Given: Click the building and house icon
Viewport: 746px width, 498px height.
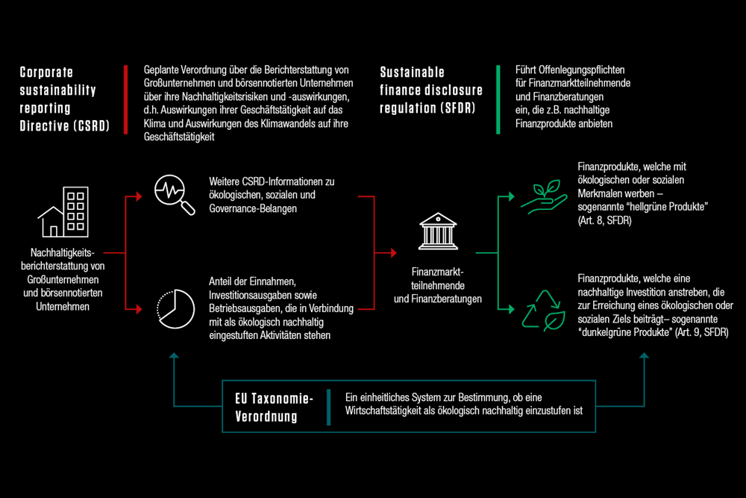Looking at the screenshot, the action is pos(63,212).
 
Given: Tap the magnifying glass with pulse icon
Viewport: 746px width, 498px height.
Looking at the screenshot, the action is pos(175,195).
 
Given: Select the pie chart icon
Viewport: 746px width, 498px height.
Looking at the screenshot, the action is pos(175,309).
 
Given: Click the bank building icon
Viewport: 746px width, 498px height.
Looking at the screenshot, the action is pos(438,231).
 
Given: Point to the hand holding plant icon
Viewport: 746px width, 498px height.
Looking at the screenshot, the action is pos(544,197).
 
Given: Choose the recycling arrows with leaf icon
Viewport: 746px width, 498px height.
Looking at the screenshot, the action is pos(544,311).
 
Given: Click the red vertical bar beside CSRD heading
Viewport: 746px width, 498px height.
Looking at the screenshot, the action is pos(125,99).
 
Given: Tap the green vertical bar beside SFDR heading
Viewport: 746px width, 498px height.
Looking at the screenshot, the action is pos(498,99).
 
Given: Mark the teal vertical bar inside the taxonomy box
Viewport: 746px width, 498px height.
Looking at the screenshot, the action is pos(329,407).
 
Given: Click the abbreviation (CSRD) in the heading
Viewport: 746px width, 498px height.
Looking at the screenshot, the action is pos(91,126).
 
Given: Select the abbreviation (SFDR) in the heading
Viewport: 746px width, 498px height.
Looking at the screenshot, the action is pos(457,108).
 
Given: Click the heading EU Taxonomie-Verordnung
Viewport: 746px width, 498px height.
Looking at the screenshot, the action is pos(274,408).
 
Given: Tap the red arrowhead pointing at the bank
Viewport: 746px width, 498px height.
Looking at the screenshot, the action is pos(394,253).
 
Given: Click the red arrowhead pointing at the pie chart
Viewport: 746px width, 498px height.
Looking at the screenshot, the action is pos(139,309).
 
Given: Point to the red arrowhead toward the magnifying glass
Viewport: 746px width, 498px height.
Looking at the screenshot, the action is pos(139,196).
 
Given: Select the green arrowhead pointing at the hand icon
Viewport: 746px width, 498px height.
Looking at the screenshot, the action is pos(512,196).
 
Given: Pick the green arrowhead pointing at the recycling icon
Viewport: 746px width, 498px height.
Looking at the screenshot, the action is pos(512,309).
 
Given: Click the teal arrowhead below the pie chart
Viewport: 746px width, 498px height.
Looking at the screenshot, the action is pos(174,355).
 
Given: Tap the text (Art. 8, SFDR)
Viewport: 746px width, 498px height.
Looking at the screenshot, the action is pos(604,221).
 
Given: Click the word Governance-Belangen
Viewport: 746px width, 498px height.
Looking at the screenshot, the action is pos(253,208).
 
